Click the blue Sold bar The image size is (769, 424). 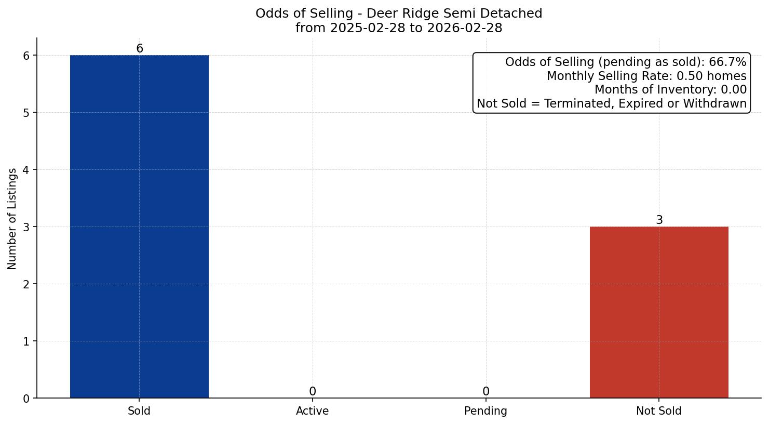pyautogui.click(x=139, y=227)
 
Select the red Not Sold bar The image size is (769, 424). pyautogui.click(x=659, y=312)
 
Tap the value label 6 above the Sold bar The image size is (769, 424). pyautogui.click(x=139, y=48)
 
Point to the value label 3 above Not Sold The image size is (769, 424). pyautogui.click(x=659, y=220)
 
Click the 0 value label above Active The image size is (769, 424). pyautogui.click(x=312, y=391)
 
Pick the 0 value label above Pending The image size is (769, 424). pyautogui.click(x=485, y=391)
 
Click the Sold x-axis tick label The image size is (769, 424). pyautogui.click(x=139, y=411)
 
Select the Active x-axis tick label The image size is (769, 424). pyautogui.click(x=312, y=411)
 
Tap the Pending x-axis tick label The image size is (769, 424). pyautogui.click(x=485, y=411)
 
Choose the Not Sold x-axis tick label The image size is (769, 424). pyautogui.click(x=658, y=411)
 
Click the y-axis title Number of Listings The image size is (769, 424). pyautogui.click(x=12, y=218)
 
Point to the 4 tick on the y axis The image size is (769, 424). pyautogui.click(x=26, y=170)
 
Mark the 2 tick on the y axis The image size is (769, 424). pyautogui.click(x=26, y=284)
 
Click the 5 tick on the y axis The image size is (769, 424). pyautogui.click(x=26, y=113)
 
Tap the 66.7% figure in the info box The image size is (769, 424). pyautogui.click(x=727, y=62)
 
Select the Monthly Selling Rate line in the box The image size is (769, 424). pyautogui.click(x=646, y=76)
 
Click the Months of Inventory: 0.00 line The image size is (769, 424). pyautogui.click(x=670, y=90)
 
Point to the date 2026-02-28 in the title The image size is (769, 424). pyautogui.click(x=464, y=28)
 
